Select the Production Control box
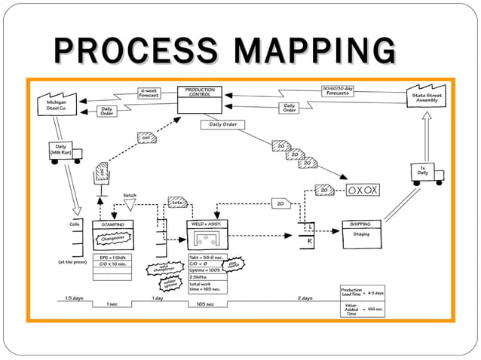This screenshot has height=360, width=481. pyautogui.click(x=200, y=100)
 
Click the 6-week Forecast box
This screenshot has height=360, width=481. pyautogui.click(x=149, y=93)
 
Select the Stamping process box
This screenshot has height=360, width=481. pyautogui.click(x=112, y=233)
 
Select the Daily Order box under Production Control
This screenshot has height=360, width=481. pyautogui.click(x=223, y=124)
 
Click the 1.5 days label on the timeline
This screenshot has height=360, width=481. pyautogui.click(x=74, y=297)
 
